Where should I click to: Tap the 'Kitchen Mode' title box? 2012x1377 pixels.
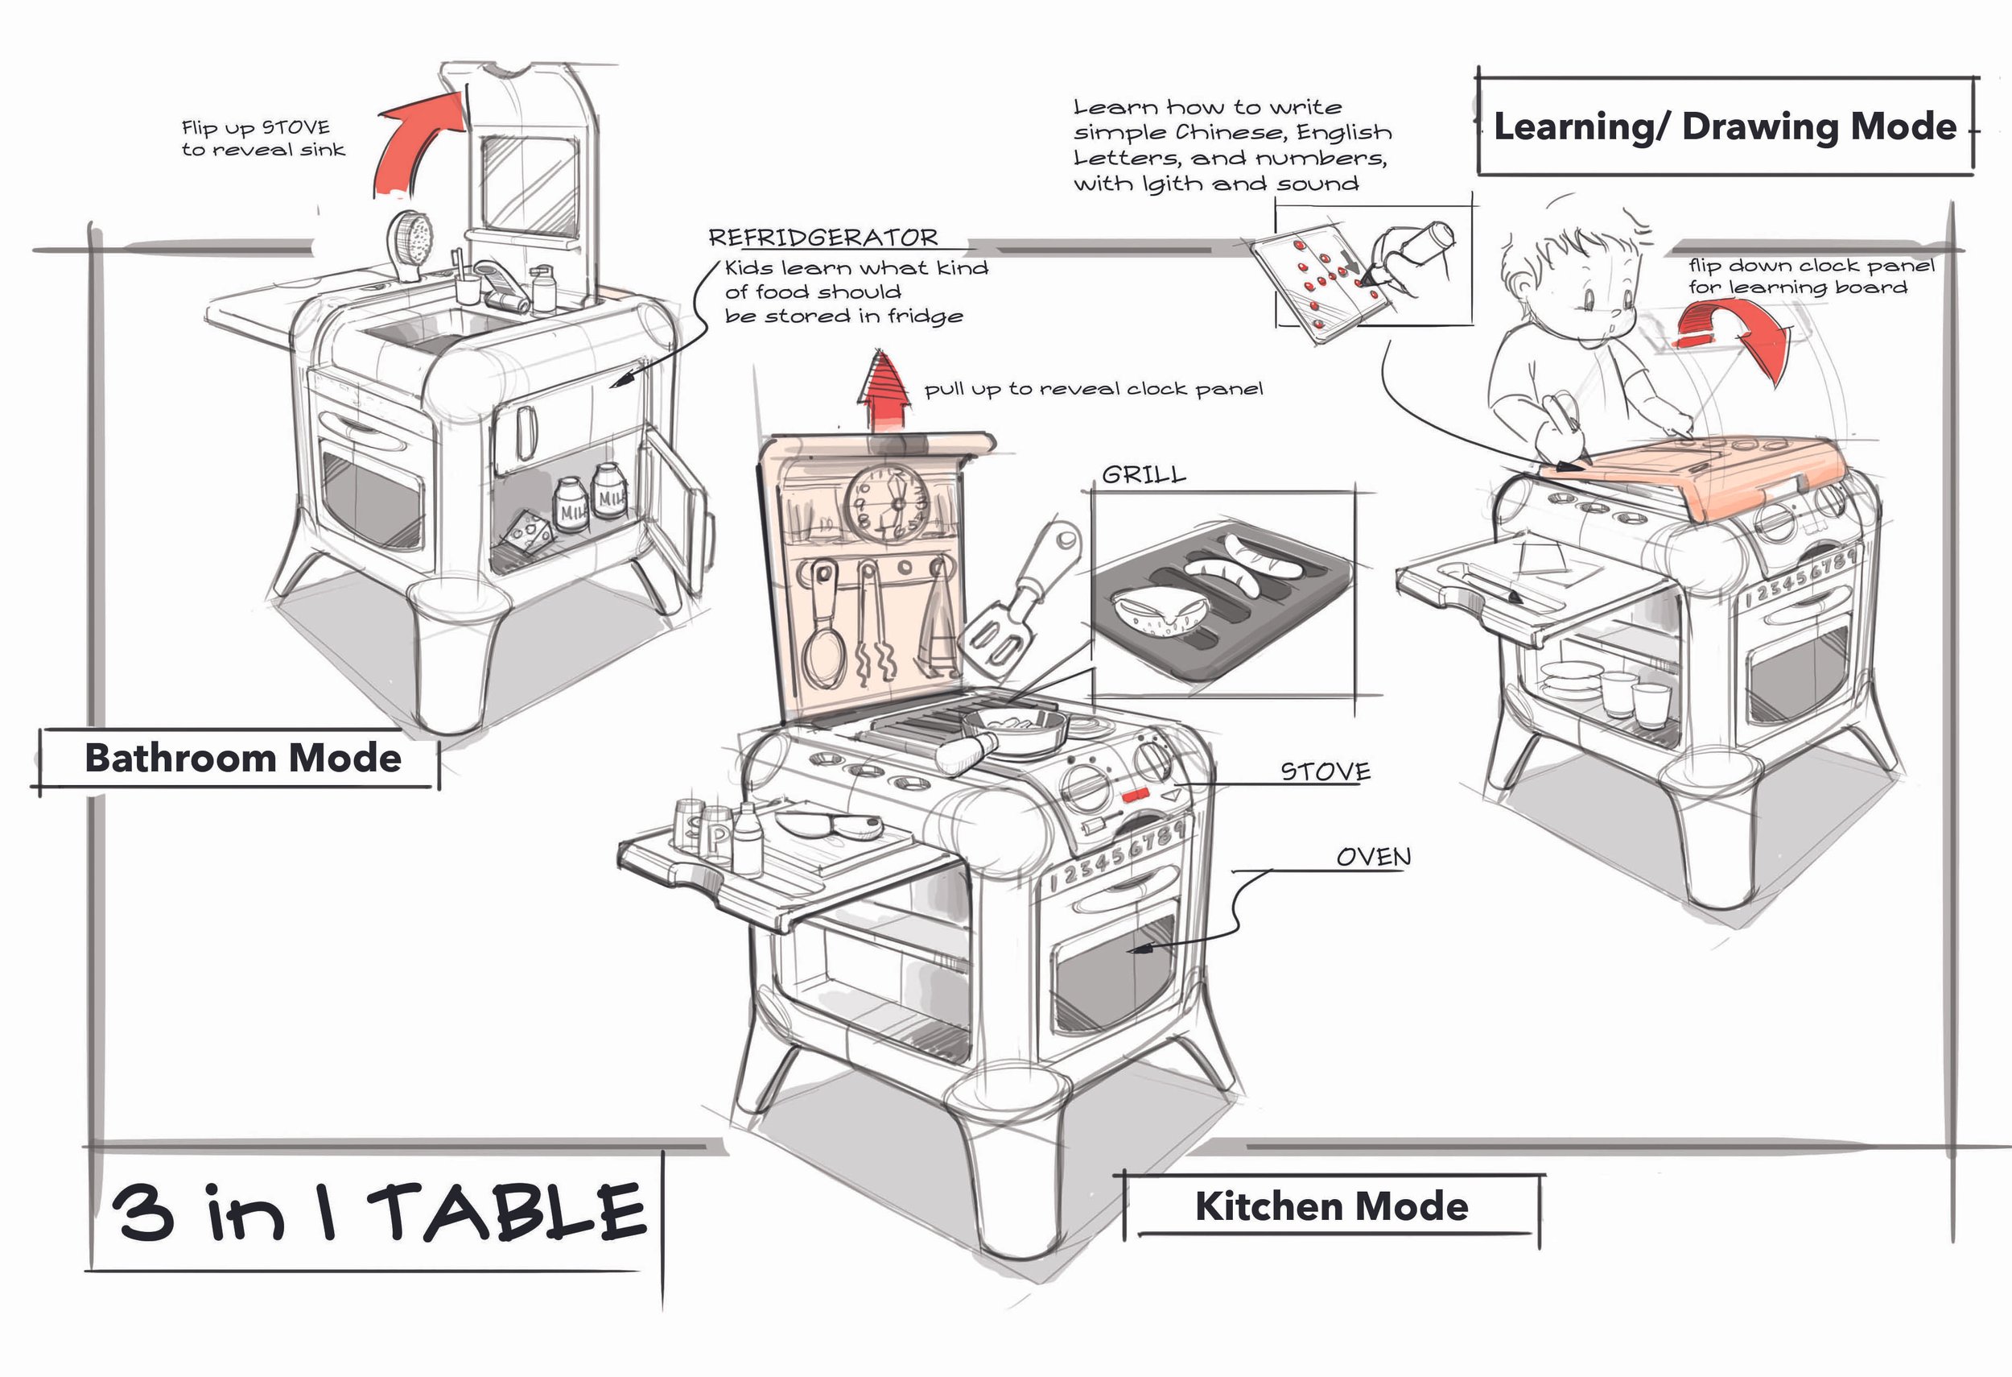1331,1206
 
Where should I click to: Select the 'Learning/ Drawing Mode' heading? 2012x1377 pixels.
1725,126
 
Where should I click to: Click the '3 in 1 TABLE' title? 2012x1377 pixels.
377,1213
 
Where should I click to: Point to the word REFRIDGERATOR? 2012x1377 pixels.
823,238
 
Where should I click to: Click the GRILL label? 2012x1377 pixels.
1144,474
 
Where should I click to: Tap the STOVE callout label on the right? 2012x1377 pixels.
1325,771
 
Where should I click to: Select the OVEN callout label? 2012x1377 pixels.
1373,858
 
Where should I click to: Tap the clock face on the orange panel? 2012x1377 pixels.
887,502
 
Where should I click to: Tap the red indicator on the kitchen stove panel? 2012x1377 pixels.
1135,793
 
